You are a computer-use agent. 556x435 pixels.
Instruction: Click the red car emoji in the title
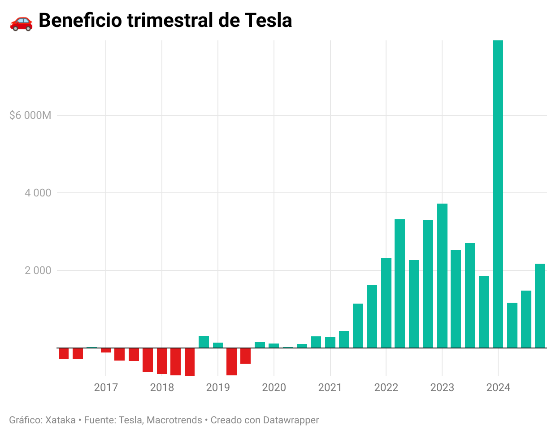21,21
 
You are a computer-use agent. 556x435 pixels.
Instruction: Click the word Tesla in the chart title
268,21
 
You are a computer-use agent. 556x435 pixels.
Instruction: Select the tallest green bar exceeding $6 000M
498,193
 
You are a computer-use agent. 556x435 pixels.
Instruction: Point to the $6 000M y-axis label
30,115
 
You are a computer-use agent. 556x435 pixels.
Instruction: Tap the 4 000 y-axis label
38,193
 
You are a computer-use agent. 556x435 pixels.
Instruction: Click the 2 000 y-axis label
38,270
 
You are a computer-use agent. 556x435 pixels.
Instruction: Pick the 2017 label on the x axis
106,387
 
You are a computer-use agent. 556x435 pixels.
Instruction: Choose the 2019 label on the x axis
218,387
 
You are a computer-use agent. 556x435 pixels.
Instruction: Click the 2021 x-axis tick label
330,387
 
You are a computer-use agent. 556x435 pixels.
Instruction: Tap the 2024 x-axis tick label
498,387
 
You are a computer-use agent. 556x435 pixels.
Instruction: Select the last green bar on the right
540,306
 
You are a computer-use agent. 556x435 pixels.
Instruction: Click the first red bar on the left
64,353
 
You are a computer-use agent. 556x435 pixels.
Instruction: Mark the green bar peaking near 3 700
442,276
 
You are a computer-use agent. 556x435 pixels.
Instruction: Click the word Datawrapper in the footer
291,420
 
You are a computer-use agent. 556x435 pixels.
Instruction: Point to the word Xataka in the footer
61,420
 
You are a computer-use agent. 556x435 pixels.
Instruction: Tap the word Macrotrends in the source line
174,420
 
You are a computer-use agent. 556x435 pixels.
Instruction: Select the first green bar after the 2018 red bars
204,342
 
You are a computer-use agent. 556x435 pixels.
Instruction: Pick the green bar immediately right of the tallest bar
512,325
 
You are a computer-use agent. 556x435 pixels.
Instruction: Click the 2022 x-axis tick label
386,387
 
